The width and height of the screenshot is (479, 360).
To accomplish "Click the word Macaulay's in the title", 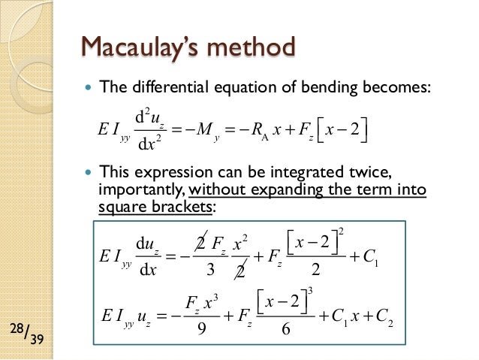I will coord(136,48).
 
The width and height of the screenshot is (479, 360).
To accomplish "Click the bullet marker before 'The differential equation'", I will coord(89,87).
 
